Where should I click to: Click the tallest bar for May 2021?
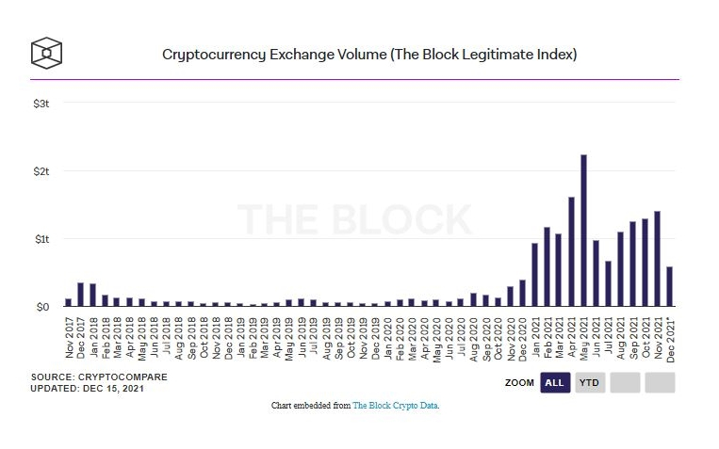[584, 231]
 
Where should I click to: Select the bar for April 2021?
[572, 251]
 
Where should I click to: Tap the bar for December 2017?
[80, 295]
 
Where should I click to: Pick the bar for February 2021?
[547, 266]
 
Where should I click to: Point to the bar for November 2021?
[657, 259]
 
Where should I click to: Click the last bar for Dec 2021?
[669, 287]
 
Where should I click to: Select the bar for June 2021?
[596, 273]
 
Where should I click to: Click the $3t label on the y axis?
[41, 102]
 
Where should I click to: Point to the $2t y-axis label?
[41, 170]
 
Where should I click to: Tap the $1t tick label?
[41, 239]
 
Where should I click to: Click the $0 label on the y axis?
[41, 307]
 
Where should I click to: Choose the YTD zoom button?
[590, 382]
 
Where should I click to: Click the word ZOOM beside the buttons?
[518, 383]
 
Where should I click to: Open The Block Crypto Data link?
[396, 406]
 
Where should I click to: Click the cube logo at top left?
[46, 53]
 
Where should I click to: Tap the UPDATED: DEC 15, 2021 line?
[86, 389]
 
